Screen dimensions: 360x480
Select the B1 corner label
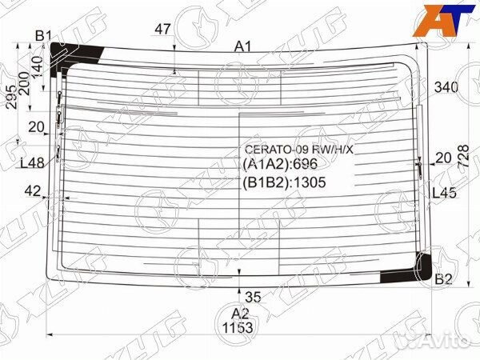click(x=43, y=34)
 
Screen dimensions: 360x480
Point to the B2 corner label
click(x=443, y=279)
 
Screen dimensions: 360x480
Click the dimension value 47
click(x=163, y=30)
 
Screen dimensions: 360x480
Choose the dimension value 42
click(x=32, y=190)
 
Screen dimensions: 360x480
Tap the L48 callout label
click(x=32, y=163)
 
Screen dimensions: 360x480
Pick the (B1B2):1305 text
click(x=286, y=182)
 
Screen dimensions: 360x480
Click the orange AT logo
click(x=442, y=17)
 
